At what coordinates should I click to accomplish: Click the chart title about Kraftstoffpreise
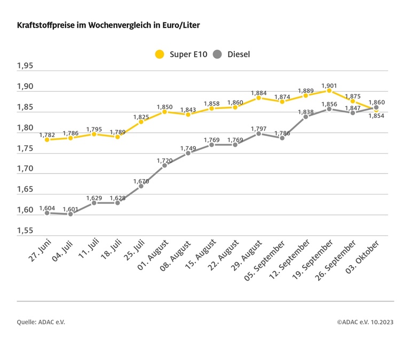(109, 25)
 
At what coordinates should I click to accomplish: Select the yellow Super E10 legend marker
(159, 54)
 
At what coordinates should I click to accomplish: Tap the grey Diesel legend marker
(217, 54)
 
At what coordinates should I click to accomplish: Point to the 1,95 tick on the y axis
(25, 66)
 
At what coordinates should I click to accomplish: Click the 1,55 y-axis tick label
(25, 231)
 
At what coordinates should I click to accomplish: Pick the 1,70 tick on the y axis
(25, 169)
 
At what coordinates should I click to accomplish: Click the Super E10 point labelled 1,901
(329, 91)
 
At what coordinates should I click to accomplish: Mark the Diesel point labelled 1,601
(70, 214)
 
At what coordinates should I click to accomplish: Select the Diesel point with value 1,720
(164, 165)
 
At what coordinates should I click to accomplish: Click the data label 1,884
(258, 91)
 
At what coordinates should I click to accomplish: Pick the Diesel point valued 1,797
(258, 133)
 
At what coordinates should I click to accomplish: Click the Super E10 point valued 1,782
(47, 140)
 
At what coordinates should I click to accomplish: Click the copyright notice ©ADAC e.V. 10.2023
(365, 322)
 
